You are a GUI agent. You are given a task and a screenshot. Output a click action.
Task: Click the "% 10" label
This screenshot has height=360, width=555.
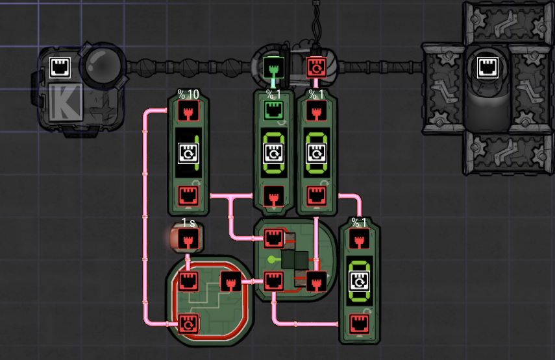point(188,95)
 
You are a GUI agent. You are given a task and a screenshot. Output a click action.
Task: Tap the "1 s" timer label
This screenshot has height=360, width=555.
point(188,222)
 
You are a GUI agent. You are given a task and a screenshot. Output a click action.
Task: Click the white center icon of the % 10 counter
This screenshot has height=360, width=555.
point(188,152)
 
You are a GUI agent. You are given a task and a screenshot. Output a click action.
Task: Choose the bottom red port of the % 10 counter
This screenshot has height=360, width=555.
point(188,195)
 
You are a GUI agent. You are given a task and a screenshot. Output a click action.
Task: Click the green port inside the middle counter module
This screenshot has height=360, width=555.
point(273,110)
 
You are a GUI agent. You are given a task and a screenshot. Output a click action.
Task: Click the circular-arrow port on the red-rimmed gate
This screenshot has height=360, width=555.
point(188,322)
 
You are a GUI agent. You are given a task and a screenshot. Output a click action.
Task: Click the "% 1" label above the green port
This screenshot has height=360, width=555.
point(273,95)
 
